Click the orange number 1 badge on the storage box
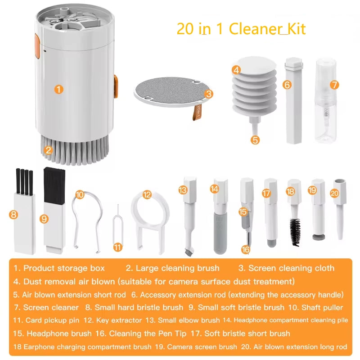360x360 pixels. point(58,89)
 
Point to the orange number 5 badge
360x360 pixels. point(255,140)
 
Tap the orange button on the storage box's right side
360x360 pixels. point(116,85)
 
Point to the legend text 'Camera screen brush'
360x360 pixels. point(202,347)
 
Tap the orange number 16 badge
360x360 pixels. point(245,249)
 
